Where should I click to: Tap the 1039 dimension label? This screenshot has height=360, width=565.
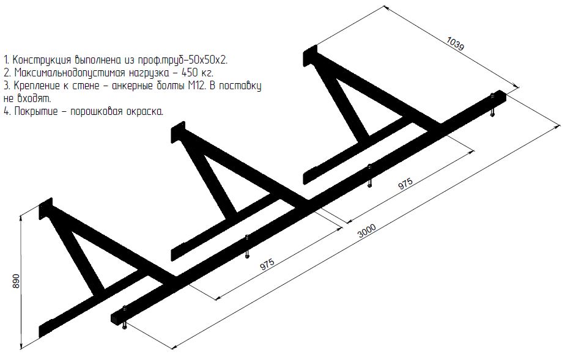tap(456, 44)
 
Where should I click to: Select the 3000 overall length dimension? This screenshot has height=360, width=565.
tap(367, 231)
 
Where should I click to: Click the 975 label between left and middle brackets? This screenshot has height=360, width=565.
tap(267, 265)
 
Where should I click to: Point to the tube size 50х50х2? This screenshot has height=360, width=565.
tap(209, 59)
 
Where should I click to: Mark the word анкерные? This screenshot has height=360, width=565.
tap(134, 86)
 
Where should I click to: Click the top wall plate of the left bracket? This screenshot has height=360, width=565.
tap(46, 208)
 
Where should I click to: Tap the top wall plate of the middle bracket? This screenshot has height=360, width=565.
tap(178, 133)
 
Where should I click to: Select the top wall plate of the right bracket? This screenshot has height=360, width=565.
tap(310, 56)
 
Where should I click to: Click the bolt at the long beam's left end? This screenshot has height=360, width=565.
tap(125, 317)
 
